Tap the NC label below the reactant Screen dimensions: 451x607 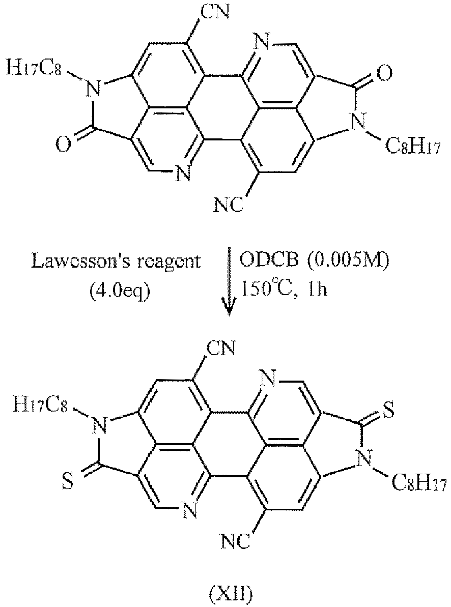point(227,206)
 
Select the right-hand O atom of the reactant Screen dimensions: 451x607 point(386,75)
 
